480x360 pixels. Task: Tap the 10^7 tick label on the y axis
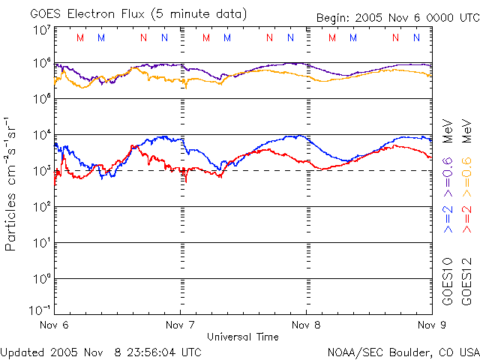click(42, 31)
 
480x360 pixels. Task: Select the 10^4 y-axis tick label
click(42, 135)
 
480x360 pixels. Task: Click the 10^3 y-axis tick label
click(42, 171)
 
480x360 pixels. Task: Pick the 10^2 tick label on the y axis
click(42, 207)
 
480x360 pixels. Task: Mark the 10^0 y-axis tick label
click(42, 279)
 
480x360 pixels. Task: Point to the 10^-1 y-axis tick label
click(40, 310)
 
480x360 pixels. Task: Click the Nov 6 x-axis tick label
click(54, 325)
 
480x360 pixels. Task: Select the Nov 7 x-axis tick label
click(180, 325)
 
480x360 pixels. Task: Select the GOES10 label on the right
click(448, 282)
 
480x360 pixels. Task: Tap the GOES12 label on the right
click(466, 282)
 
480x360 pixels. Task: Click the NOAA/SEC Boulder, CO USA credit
click(403, 352)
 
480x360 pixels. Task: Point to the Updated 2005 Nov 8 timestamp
click(101, 352)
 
